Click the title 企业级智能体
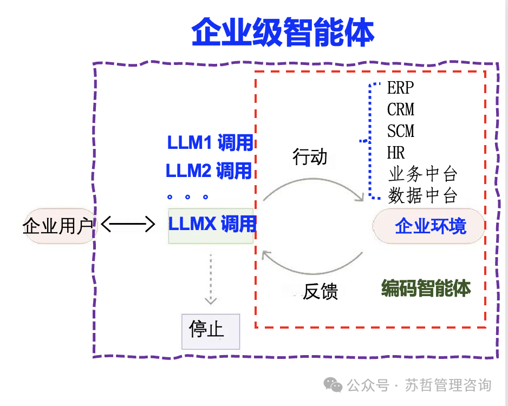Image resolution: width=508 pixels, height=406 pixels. pyautogui.click(x=283, y=34)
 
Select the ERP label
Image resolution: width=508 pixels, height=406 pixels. pyautogui.click(x=400, y=88)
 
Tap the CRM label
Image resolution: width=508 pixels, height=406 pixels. pyautogui.click(x=401, y=110)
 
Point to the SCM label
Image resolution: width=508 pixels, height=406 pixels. pyautogui.click(x=401, y=131)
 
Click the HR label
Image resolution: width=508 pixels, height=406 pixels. pyautogui.click(x=396, y=152)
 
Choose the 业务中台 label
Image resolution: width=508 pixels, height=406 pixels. pyautogui.click(x=422, y=174)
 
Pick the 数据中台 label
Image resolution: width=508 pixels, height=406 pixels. pyautogui.click(x=422, y=195)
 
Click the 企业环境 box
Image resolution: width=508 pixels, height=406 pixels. pyautogui.click(x=430, y=226)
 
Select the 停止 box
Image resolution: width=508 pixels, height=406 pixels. pyautogui.click(x=210, y=331)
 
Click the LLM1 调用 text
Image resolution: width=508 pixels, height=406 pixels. pyautogui.click(x=210, y=143)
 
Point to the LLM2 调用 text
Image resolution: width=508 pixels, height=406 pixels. pyautogui.click(x=209, y=171)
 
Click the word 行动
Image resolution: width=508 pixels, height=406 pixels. pyautogui.click(x=310, y=157)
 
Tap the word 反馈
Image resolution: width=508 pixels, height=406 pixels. pyautogui.click(x=320, y=292)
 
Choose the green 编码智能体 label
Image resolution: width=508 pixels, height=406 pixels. pyautogui.click(x=426, y=288)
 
